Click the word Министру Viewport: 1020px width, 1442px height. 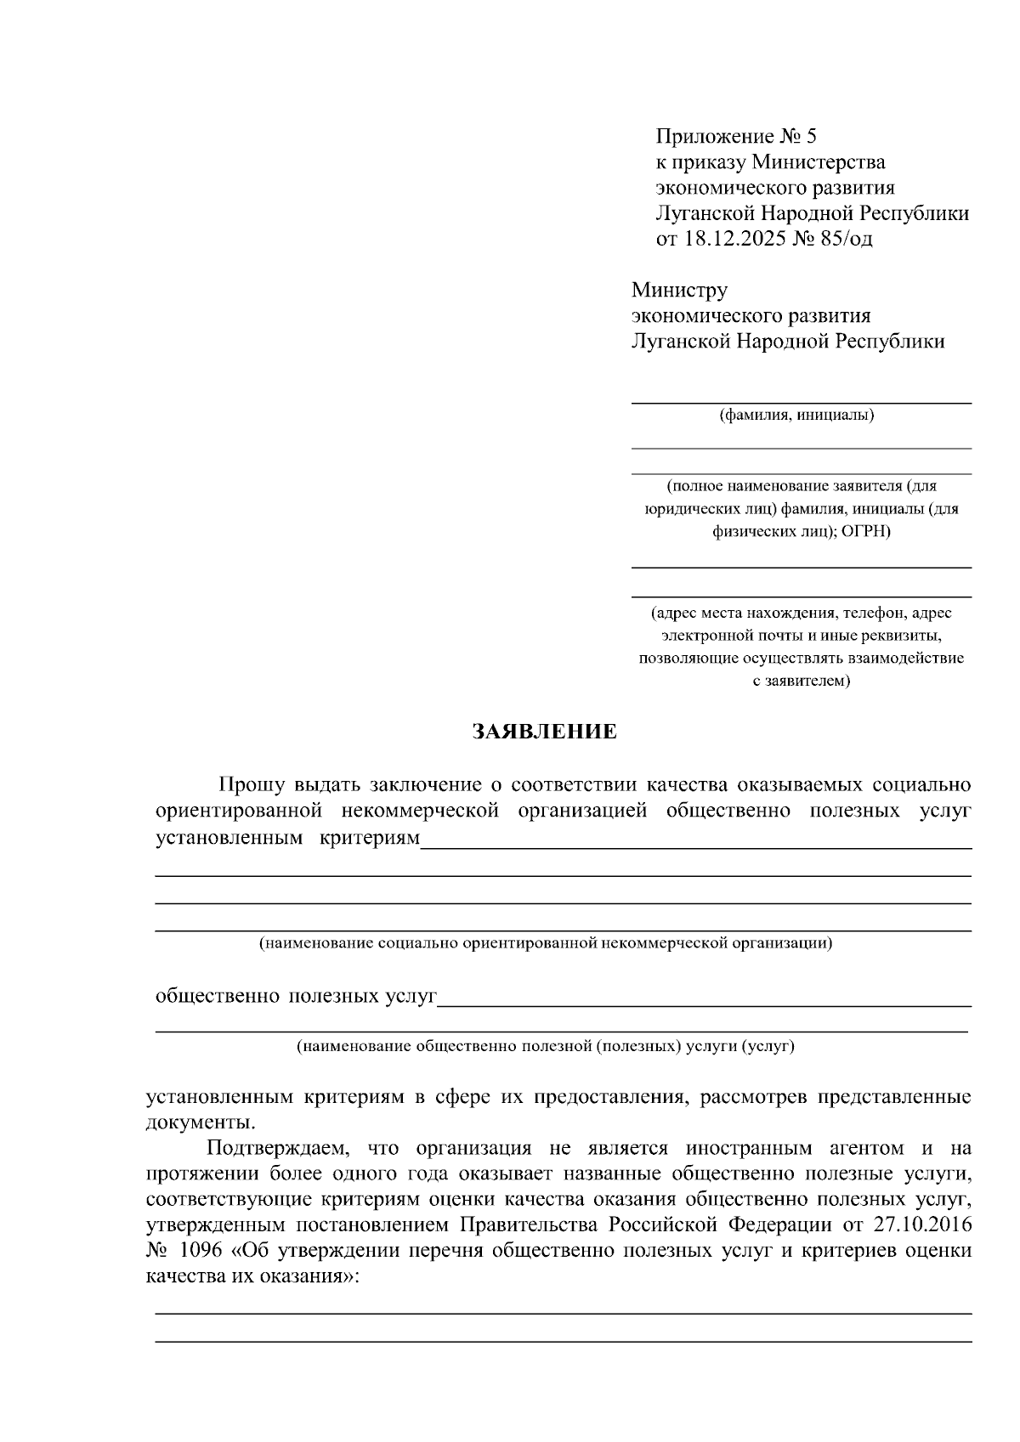click(679, 291)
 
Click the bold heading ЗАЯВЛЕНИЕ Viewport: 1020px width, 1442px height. click(545, 732)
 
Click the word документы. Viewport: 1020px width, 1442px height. click(199, 1122)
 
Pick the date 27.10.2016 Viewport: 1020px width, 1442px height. click(921, 1225)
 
